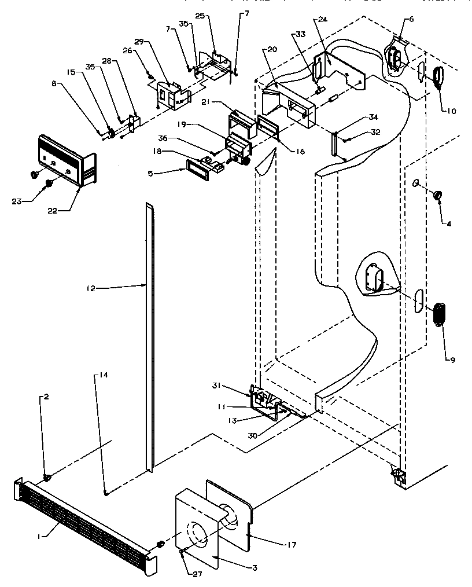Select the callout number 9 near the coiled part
pyautogui.click(x=453, y=359)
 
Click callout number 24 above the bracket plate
pyautogui.click(x=322, y=20)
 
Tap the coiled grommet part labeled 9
pyautogui.click(x=441, y=315)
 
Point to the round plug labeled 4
pyautogui.click(x=437, y=193)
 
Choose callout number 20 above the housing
pyautogui.click(x=272, y=50)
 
